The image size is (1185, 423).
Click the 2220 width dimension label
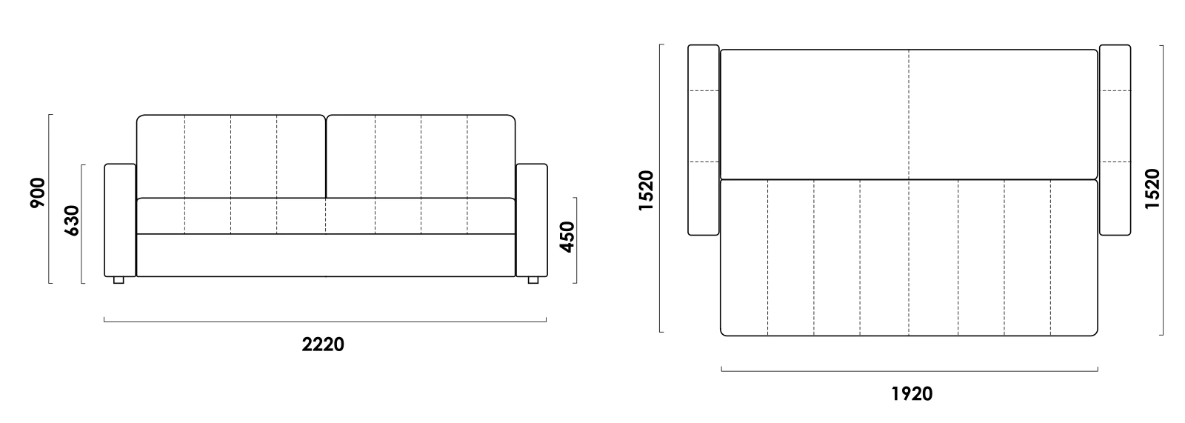323,344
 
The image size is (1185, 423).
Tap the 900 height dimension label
38,193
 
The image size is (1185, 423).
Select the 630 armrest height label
71,220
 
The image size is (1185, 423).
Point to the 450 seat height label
567,237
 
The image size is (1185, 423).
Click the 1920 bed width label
912,394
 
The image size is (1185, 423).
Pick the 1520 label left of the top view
646,190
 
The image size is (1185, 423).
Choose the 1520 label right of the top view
1152,189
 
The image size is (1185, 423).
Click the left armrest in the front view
120,220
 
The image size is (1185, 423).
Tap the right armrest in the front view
532,220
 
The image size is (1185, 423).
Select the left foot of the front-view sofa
118,280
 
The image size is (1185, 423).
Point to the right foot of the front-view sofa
533,280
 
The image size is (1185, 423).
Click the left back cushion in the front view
231,157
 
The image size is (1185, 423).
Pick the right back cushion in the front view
421,157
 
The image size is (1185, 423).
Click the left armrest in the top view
704,140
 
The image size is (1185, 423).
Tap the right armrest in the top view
1115,140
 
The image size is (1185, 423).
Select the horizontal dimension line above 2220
325,321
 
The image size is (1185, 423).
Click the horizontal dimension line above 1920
909,370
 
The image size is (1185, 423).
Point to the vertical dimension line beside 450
576,240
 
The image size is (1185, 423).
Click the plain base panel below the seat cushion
326,255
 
